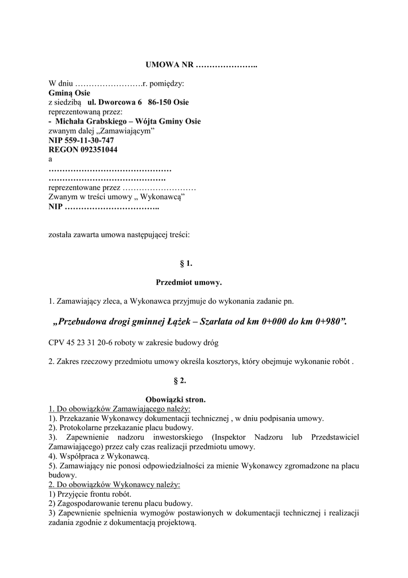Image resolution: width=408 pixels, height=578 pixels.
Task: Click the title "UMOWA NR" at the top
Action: click(x=169, y=66)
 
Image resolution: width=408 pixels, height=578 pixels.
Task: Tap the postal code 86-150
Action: click(x=160, y=103)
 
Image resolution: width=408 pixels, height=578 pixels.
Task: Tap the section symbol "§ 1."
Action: click(x=186, y=263)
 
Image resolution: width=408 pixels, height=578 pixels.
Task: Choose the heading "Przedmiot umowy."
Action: click(x=189, y=282)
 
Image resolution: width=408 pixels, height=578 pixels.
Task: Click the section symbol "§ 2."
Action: click(x=186, y=380)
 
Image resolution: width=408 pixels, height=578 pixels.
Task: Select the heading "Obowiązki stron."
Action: click(x=175, y=399)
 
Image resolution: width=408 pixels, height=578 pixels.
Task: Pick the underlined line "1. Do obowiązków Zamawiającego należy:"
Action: click(x=119, y=409)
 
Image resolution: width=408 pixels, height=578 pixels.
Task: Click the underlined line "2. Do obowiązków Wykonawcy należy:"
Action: click(x=114, y=484)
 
